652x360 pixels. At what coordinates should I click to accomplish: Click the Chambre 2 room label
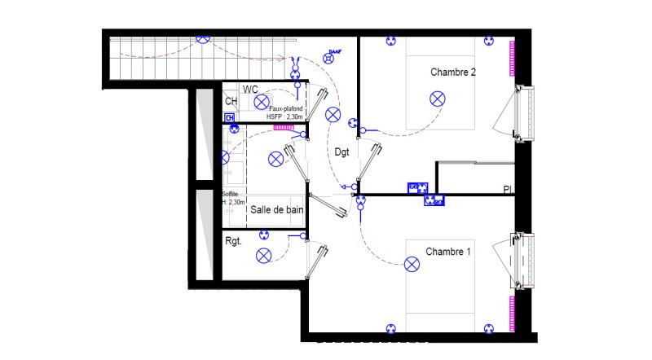tap(453, 72)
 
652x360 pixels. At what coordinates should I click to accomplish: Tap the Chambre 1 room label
tap(448, 252)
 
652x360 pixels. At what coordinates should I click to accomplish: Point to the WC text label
tap(250, 89)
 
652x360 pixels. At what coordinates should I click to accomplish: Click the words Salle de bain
tap(277, 209)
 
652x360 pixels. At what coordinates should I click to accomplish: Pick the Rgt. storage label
tap(235, 241)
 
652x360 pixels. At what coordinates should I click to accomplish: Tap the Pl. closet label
tap(507, 190)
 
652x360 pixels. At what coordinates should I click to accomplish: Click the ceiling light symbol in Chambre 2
tap(438, 99)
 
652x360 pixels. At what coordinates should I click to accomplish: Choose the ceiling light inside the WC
tap(261, 102)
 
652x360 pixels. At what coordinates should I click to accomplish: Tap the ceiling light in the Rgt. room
tap(264, 255)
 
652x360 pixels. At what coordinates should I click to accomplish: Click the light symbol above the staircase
tap(204, 38)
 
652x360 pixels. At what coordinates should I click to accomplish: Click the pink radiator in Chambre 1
tap(513, 314)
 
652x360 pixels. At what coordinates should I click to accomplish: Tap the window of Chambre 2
tap(522, 112)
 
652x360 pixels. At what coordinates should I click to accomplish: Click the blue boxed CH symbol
tap(230, 116)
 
